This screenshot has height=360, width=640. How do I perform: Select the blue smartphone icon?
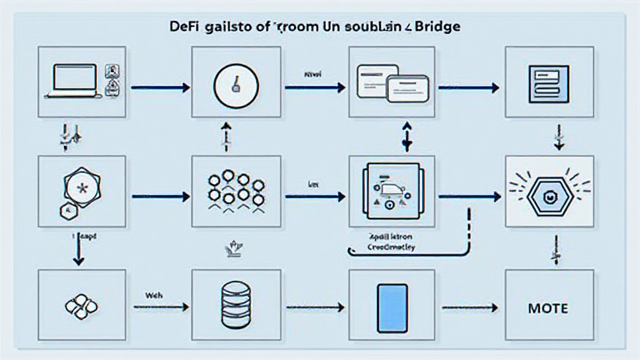392,307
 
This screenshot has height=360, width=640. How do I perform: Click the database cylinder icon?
236,306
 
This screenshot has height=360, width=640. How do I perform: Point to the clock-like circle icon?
236,84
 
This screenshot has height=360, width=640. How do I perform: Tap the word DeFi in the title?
182,28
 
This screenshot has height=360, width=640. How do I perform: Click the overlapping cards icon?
392,83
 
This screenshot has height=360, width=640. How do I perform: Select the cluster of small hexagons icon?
236,189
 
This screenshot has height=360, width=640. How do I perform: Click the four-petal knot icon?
81,307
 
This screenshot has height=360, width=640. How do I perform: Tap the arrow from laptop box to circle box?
160,88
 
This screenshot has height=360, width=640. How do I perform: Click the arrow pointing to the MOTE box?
469,307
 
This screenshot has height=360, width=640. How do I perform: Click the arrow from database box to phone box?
315,307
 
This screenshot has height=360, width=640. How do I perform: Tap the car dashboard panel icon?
392,190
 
